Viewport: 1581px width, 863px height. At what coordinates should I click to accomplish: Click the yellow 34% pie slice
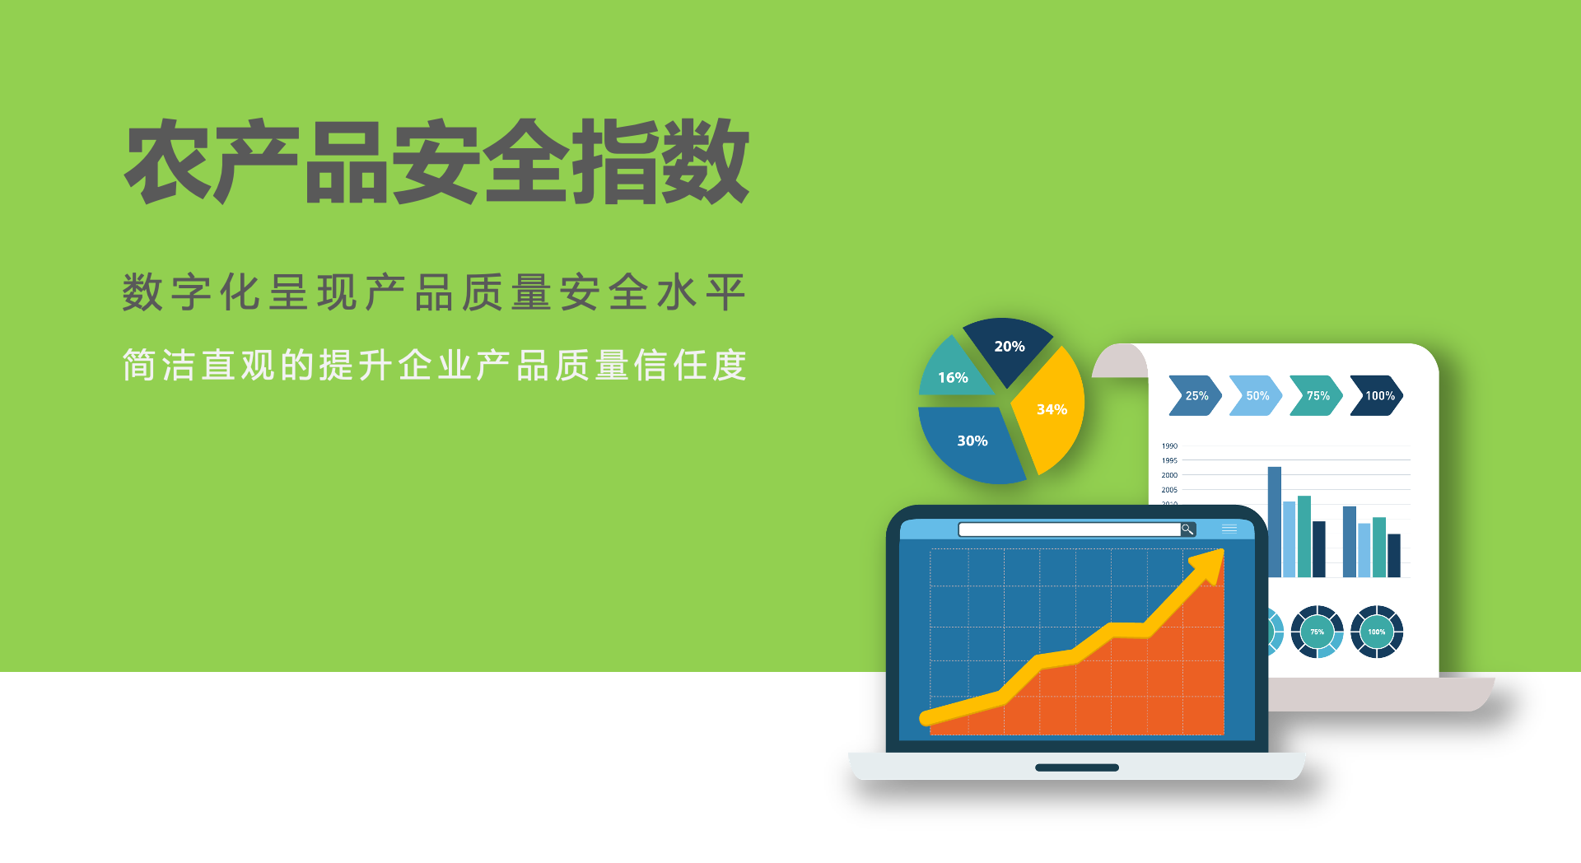click(1050, 410)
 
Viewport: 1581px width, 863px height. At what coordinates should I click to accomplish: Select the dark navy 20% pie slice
click(1008, 348)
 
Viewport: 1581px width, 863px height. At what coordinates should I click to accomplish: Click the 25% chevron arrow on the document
click(1196, 396)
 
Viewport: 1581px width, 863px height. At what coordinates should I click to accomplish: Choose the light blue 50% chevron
click(1256, 396)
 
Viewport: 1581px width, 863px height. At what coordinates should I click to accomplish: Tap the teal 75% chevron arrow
click(1316, 396)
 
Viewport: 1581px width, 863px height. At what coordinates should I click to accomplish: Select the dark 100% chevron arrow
click(1377, 396)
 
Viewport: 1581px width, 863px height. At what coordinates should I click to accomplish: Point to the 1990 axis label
click(1169, 446)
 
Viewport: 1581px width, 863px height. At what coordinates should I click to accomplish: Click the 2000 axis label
click(1169, 475)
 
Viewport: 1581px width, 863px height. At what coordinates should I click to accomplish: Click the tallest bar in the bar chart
click(1275, 522)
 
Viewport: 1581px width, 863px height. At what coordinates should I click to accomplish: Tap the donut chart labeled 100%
click(1377, 632)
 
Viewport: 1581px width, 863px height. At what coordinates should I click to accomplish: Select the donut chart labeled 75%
click(1317, 632)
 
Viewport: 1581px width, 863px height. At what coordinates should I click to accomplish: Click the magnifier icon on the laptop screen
click(1187, 529)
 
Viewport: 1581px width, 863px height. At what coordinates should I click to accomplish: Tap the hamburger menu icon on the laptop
click(1229, 529)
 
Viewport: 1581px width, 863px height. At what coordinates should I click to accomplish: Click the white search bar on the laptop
click(1070, 529)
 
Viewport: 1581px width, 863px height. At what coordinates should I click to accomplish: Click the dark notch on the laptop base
click(1077, 767)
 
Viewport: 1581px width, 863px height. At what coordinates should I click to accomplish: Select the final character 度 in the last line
click(730, 366)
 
